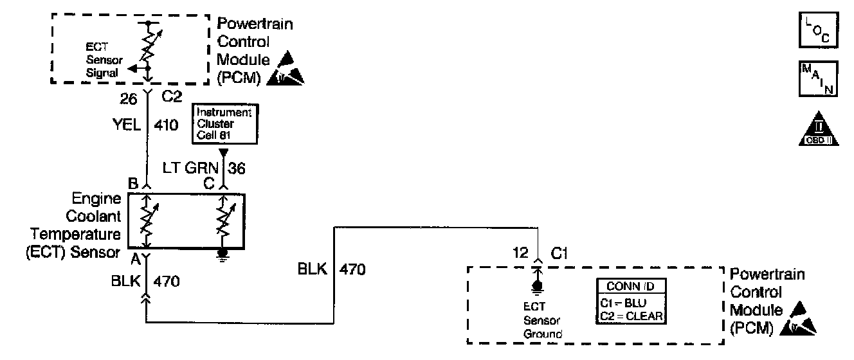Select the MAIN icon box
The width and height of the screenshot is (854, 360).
[x=818, y=78]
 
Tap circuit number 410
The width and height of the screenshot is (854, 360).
[x=167, y=126]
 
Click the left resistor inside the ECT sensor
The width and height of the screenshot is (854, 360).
[x=147, y=220]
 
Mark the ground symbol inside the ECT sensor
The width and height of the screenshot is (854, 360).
[x=223, y=255]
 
